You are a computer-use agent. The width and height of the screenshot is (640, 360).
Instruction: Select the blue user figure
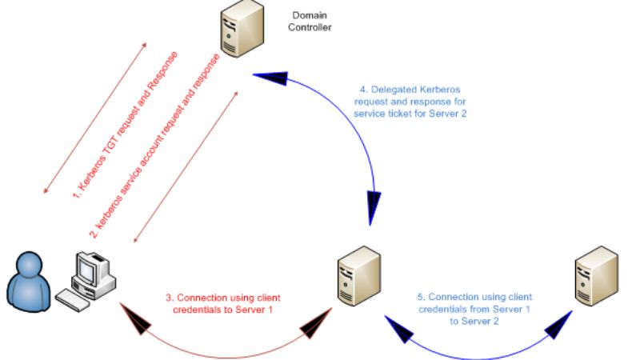pos(28,281)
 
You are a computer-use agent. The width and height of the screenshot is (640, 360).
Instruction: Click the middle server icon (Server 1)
pos(356,277)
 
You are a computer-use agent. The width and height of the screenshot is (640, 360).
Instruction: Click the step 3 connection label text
pos(223,303)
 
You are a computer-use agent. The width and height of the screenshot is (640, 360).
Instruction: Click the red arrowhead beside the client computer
pos(136,321)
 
